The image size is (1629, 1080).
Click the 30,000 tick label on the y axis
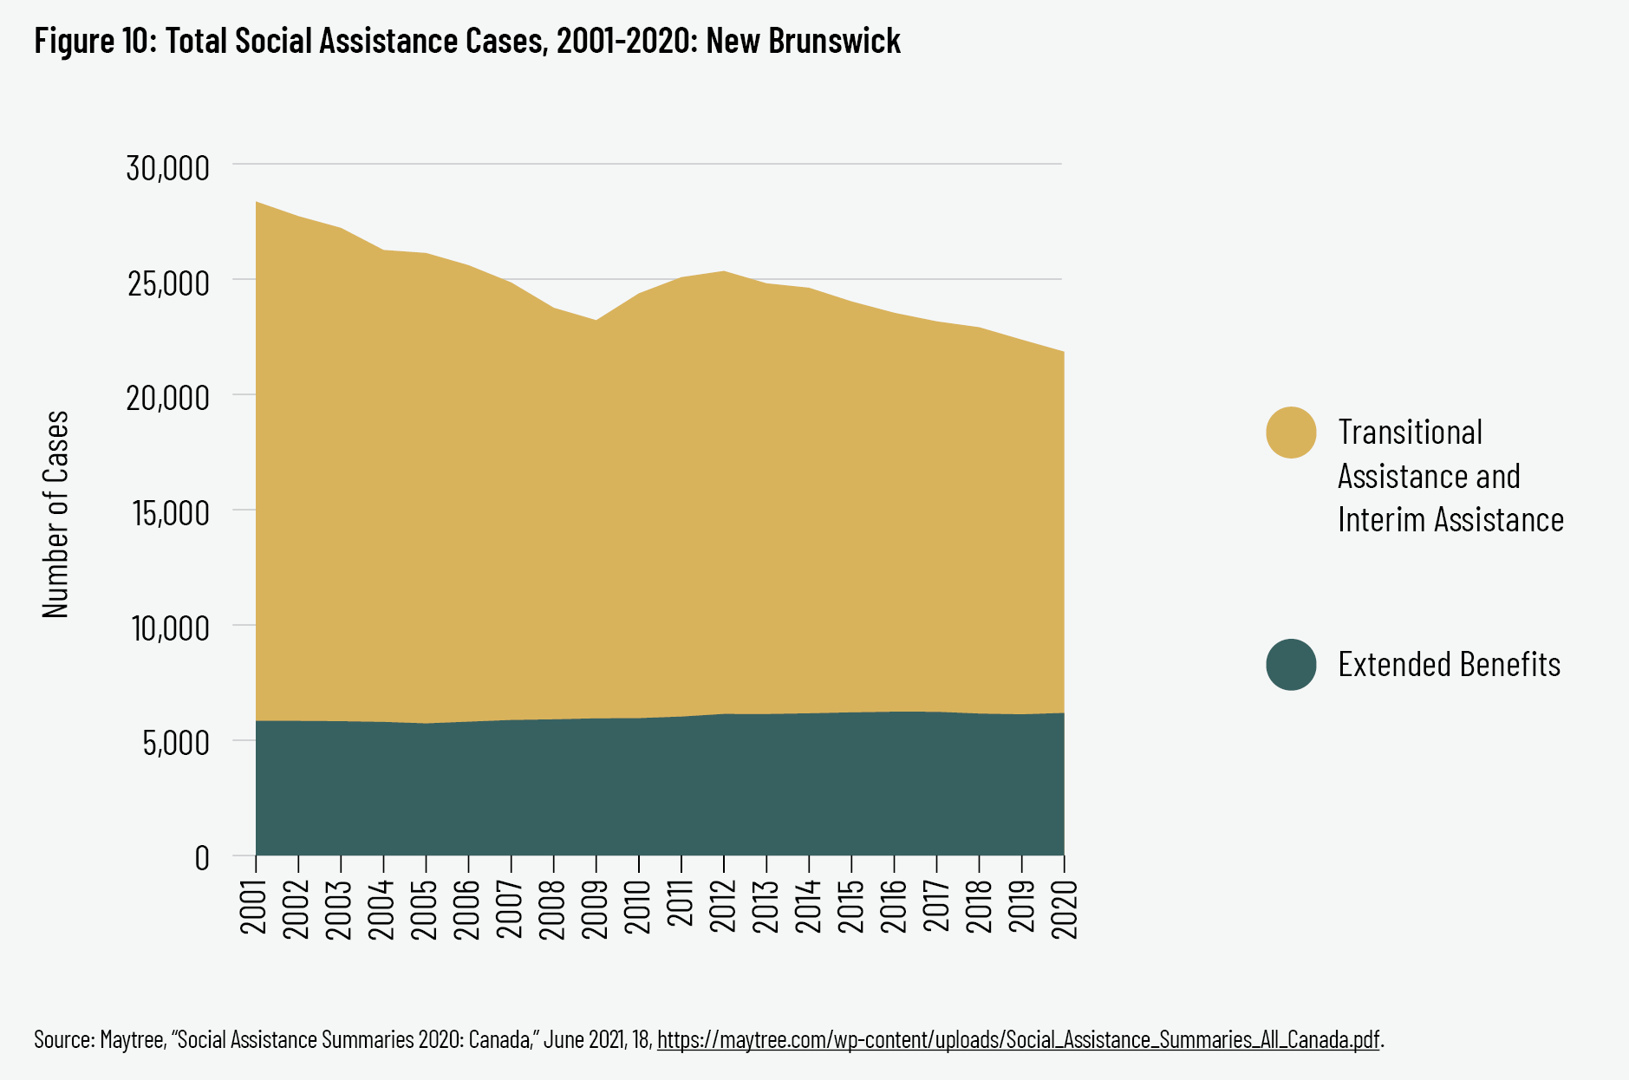168,167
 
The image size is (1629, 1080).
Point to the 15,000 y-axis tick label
171,512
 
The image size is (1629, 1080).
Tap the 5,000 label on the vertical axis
177,743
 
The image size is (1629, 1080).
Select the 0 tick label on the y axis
202,857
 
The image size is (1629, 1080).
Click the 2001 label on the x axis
255,907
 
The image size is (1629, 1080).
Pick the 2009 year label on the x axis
596,907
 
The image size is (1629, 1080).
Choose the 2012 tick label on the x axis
723,907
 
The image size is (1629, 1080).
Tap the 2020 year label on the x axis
1064,907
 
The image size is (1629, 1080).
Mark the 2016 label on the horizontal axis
894,907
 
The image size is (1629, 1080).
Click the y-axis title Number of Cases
55,514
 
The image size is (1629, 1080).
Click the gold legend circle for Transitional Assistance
1291,432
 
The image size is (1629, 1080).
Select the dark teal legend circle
1291,665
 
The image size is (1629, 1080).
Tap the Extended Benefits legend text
1449,665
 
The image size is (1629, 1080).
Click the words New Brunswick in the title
803,41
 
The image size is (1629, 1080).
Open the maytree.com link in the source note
1018,1038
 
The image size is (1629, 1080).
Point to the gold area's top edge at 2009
596,321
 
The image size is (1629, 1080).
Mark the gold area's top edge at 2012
723,272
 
